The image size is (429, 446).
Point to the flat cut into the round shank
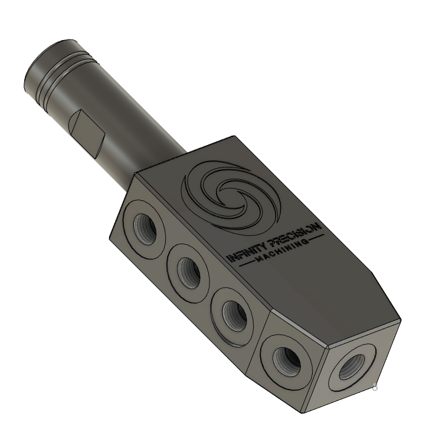[x=87, y=130]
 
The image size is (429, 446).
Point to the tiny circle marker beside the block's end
[x=375, y=388]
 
